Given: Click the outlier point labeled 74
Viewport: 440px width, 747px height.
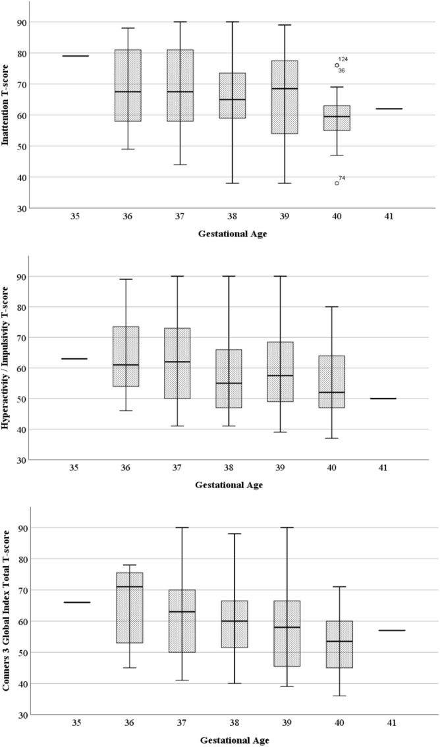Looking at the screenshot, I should pos(337,183).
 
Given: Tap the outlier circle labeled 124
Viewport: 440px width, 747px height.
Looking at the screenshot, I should pos(337,65).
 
